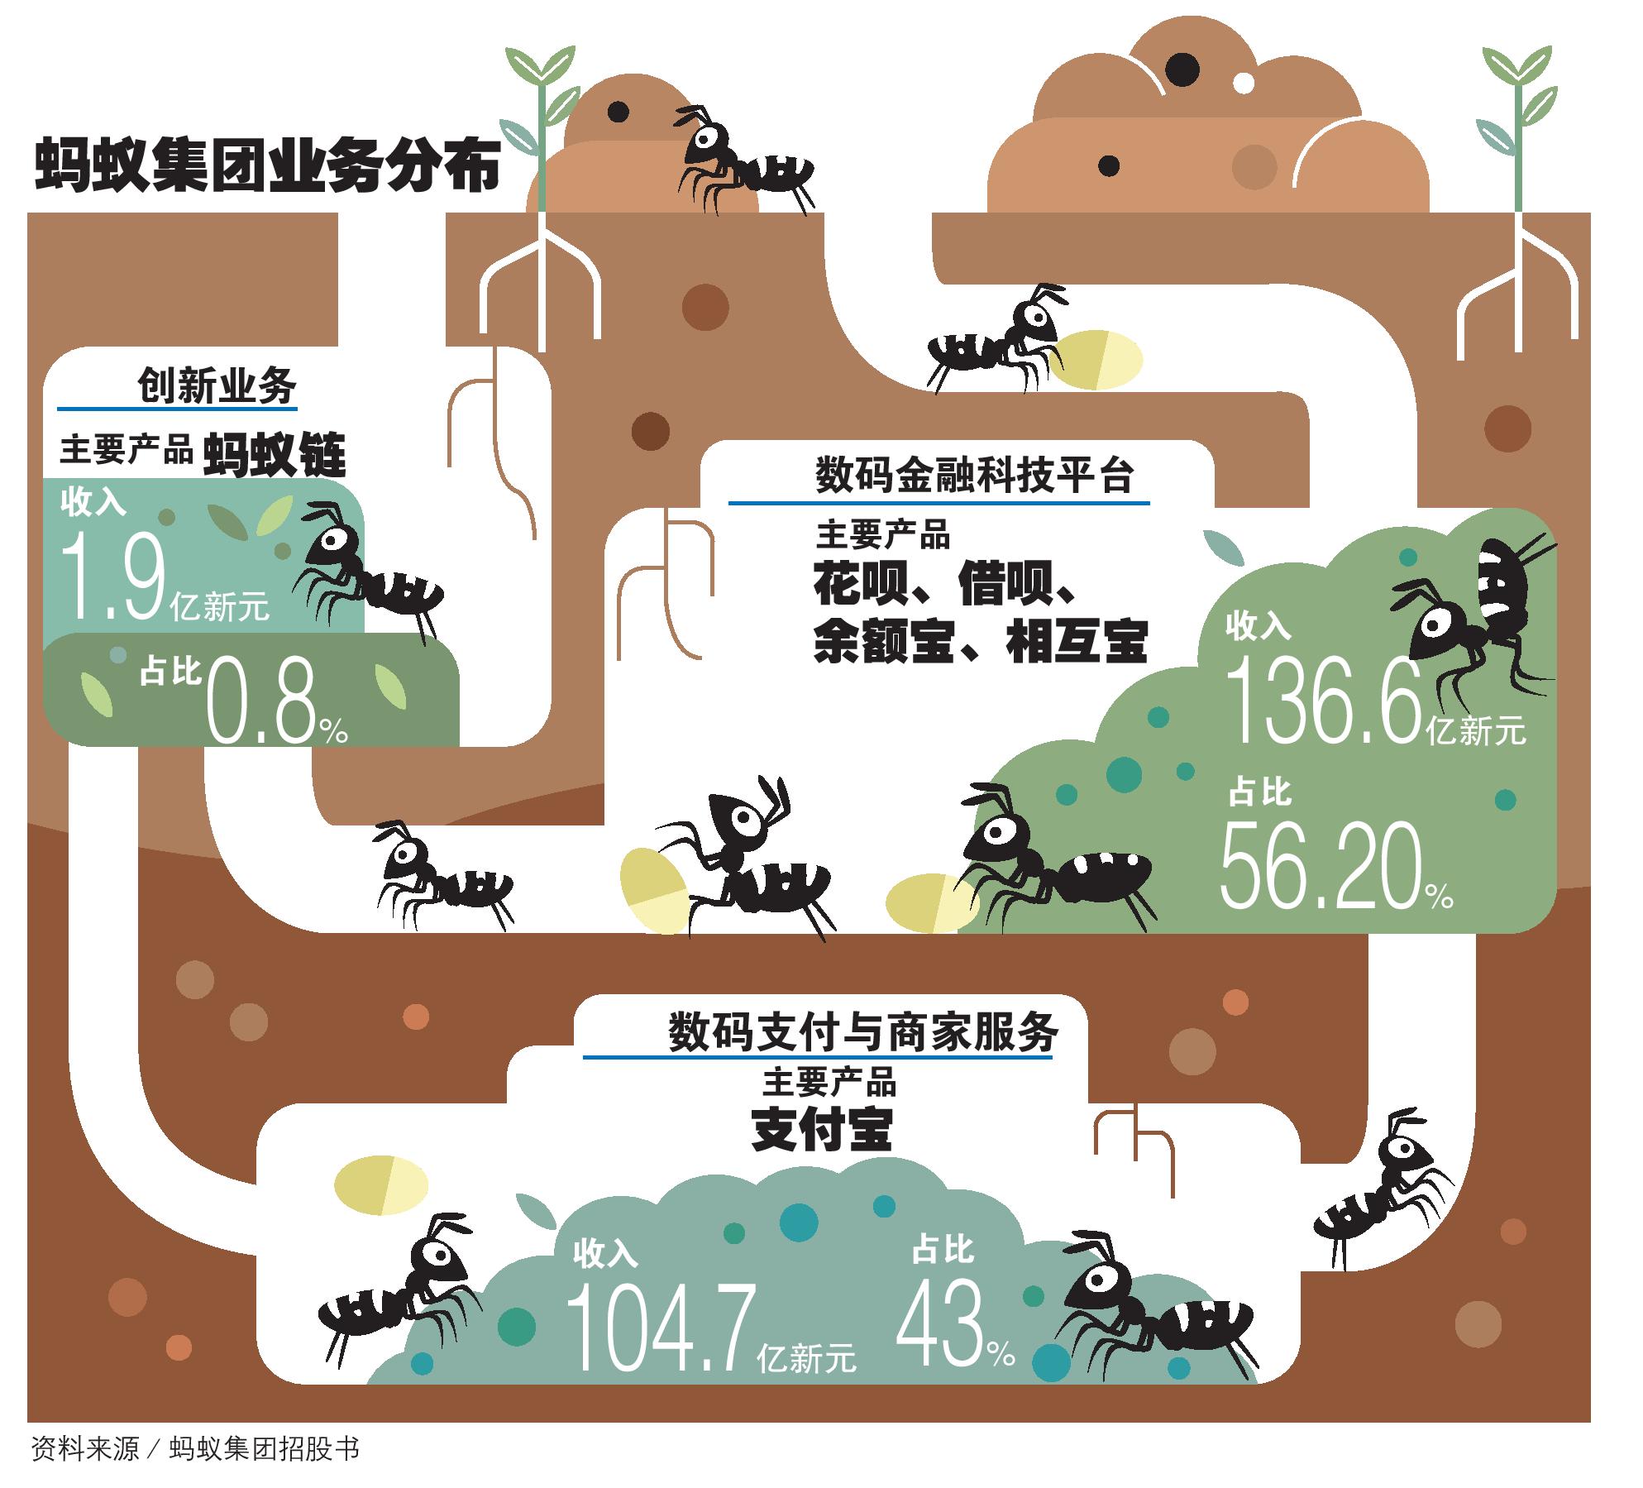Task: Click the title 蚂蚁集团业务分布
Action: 267,166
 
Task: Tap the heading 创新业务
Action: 216,386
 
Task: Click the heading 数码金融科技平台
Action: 974,477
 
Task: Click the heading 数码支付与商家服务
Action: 863,1032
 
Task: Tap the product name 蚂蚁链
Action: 275,453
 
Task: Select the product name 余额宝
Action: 878,643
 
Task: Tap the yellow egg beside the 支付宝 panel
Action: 381,1185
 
